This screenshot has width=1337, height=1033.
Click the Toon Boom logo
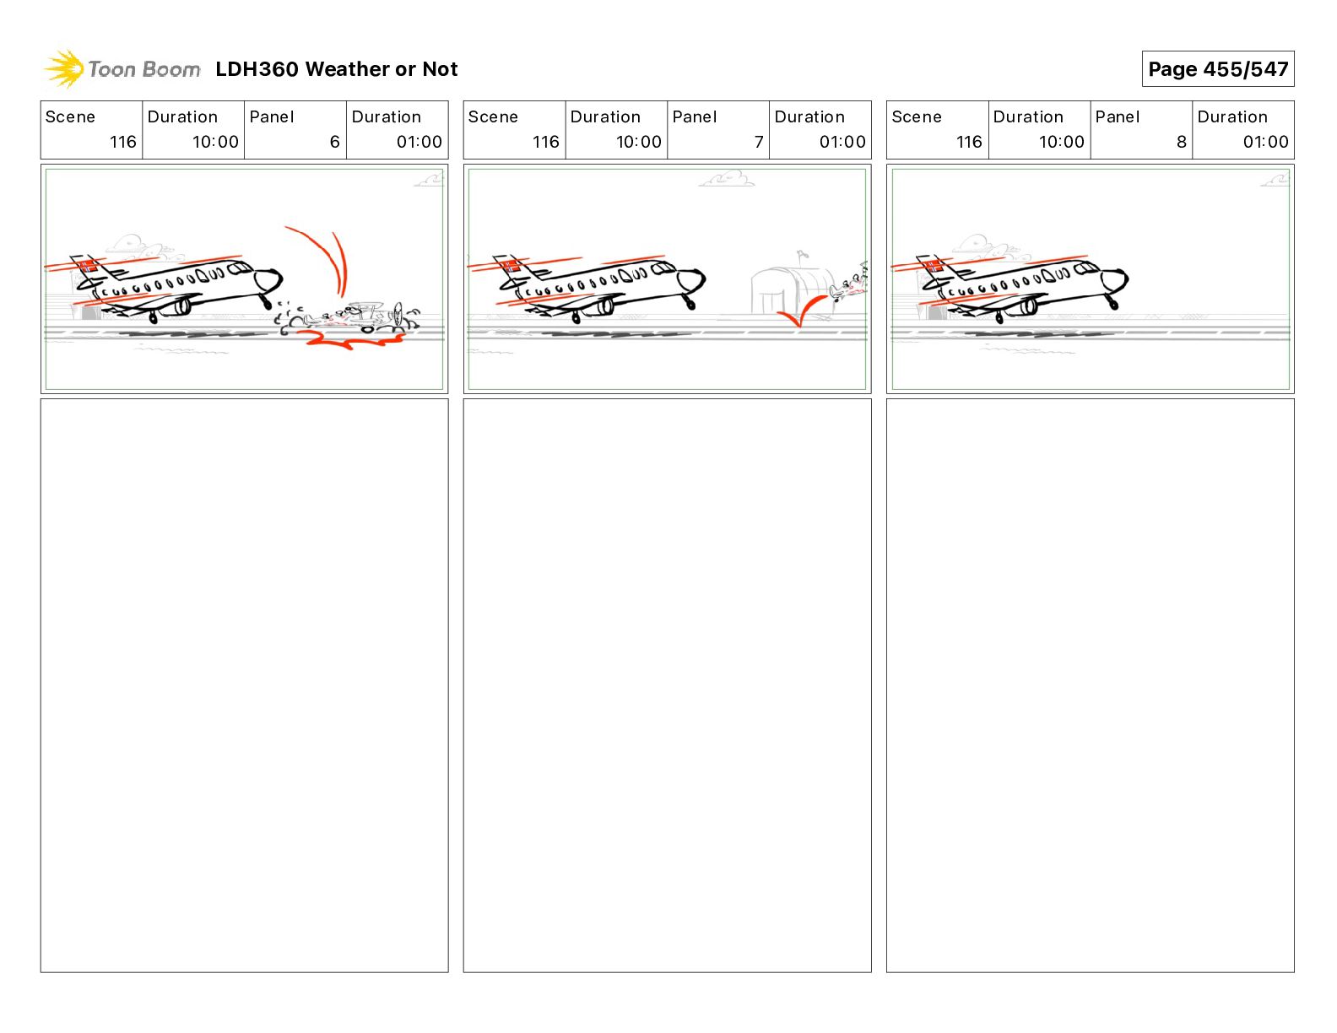122,69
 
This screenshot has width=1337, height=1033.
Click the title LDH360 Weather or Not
336,69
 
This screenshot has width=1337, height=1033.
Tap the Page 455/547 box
1217,69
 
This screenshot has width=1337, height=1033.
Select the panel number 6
334,142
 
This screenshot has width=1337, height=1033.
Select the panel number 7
758,142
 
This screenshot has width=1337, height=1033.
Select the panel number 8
1181,142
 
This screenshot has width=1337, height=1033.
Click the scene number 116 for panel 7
545,142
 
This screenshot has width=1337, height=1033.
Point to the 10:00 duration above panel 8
1061,142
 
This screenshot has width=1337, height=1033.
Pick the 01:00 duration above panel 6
419,142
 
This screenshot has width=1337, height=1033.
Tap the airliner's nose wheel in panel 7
691,303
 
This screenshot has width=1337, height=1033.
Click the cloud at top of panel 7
728,179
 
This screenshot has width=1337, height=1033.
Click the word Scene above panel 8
916,116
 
